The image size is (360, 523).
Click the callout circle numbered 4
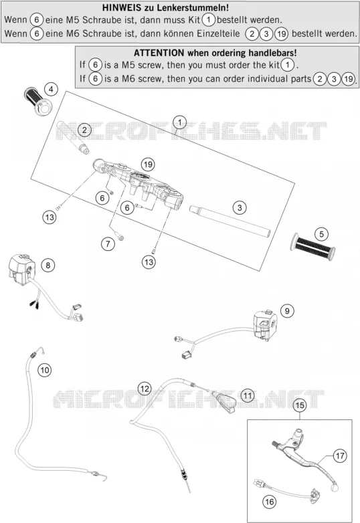(51, 89)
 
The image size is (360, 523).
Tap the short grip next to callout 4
(37, 101)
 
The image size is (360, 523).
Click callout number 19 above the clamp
(148, 164)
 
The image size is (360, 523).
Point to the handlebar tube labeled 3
(230, 221)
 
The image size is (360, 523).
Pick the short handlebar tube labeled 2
(72, 138)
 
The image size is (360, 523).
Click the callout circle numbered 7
(108, 244)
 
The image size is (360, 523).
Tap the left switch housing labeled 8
(21, 270)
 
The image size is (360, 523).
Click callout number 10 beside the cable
(45, 370)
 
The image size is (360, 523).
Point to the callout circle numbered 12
(145, 389)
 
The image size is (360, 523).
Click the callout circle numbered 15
(300, 405)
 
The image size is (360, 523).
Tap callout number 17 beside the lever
(340, 455)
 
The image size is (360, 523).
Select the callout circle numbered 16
(269, 502)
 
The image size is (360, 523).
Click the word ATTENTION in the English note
(159, 53)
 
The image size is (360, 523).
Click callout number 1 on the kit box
(180, 122)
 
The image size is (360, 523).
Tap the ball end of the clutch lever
(335, 488)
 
